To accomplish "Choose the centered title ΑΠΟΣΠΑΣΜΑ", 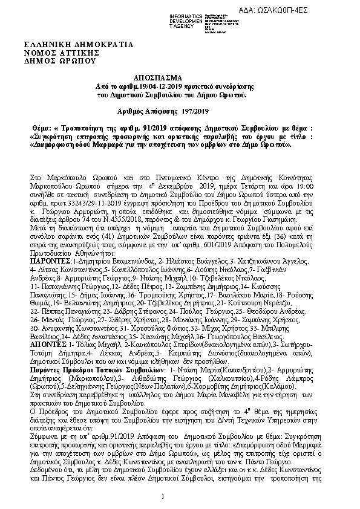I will pos(180,79).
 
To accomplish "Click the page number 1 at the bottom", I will pos(180,496).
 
